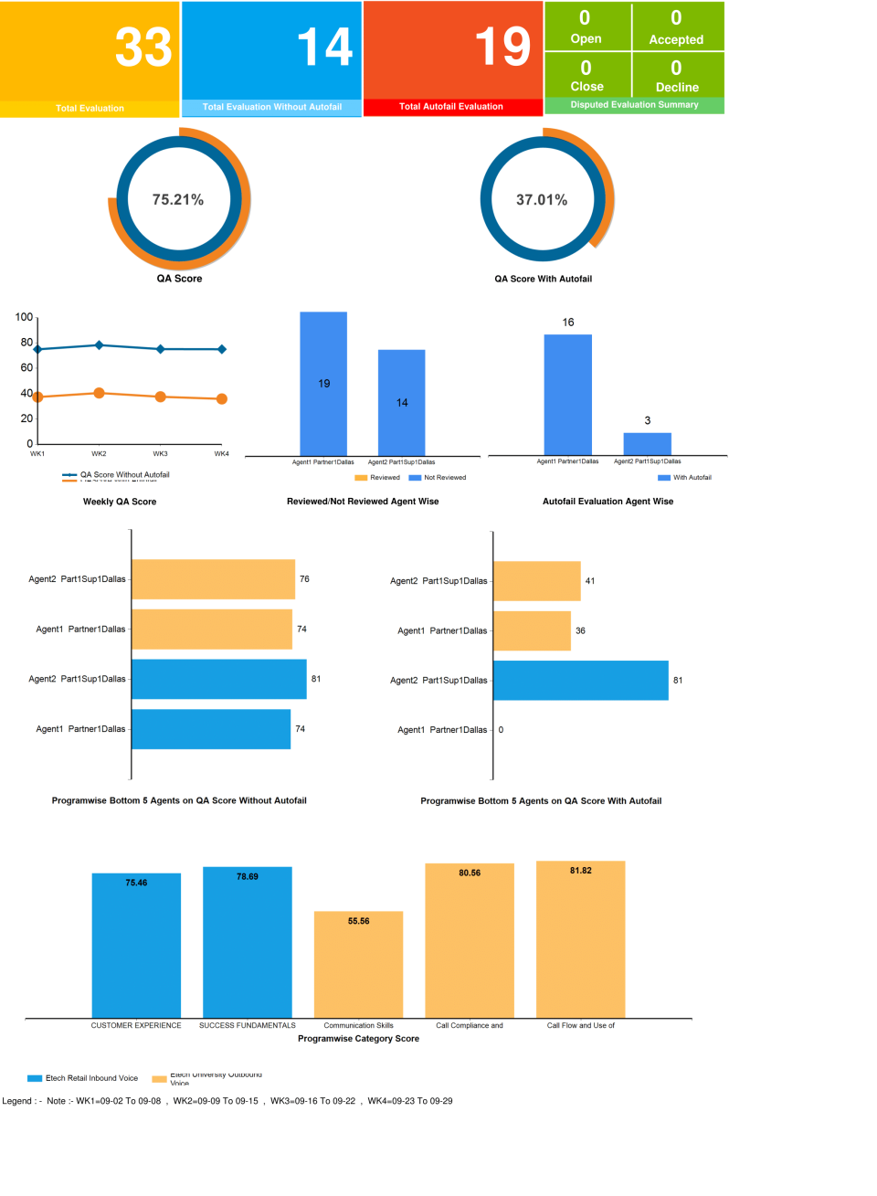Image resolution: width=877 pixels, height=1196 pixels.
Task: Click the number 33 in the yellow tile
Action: coord(143,48)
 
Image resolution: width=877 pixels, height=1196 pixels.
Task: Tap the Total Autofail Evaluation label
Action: coord(451,107)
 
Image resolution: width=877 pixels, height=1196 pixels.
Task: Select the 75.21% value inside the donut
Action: coord(178,200)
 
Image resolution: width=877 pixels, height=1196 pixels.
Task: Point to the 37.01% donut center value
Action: coord(542,200)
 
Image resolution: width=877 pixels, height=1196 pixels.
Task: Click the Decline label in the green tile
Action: coord(677,88)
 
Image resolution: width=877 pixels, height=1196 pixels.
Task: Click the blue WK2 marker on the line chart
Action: coord(99,345)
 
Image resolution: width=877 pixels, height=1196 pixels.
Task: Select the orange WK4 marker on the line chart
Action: coord(222,399)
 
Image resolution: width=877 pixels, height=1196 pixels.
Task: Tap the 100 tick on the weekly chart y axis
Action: coord(24,317)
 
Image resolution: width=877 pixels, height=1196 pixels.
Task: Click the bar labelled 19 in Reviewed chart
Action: coord(323,384)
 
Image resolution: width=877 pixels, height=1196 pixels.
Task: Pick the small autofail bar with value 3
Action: coord(647,443)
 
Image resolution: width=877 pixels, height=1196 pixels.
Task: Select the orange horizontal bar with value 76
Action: coord(213,579)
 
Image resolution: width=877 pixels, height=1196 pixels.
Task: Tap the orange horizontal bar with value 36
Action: coord(532,631)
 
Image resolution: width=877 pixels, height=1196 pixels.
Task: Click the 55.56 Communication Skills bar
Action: coord(358,964)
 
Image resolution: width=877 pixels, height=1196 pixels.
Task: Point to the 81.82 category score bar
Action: coord(580,939)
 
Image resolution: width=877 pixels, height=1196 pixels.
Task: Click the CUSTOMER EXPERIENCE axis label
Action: coord(136,1025)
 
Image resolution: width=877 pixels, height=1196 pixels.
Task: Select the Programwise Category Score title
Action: coord(358,1039)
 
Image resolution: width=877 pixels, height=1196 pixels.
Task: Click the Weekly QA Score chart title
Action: coord(120,502)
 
